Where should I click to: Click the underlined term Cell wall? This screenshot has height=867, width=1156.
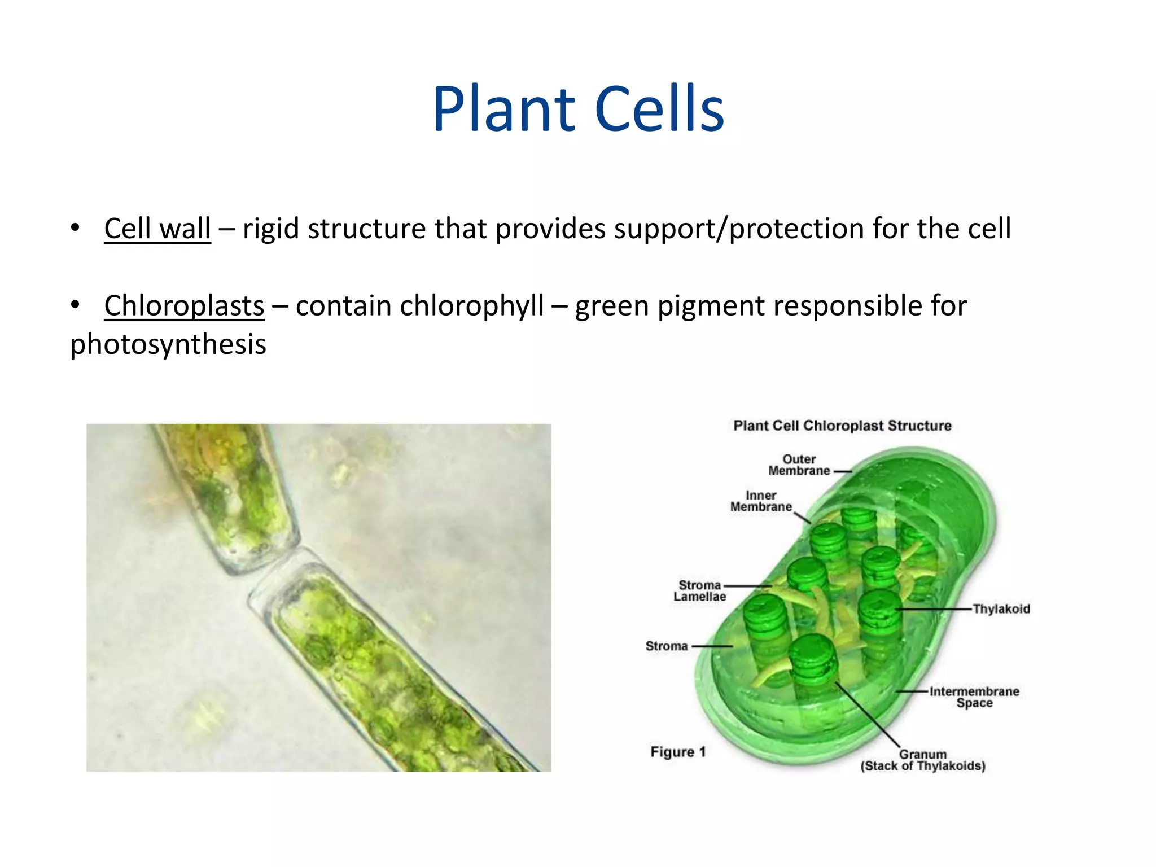click(x=157, y=229)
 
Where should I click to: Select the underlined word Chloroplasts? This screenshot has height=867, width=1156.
click(x=184, y=306)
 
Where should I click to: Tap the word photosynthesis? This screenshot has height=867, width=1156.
click(x=168, y=344)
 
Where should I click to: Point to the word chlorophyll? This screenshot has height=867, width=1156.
click(x=472, y=306)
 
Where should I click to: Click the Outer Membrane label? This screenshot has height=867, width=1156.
click(x=799, y=465)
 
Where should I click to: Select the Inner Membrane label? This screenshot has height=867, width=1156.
click(x=761, y=501)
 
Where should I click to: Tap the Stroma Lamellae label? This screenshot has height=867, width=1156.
click(x=699, y=591)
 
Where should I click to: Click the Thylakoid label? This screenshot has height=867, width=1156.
click(x=1001, y=609)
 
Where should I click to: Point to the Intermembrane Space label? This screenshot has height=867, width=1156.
click(x=974, y=697)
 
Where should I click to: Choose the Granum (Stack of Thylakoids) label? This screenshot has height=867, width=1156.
click(x=923, y=760)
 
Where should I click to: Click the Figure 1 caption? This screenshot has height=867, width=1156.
click(x=678, y=752)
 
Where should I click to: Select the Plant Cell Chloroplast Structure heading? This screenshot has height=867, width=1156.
click(x=842, y=426)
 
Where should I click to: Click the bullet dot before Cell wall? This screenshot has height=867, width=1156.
click(x=75, y=229)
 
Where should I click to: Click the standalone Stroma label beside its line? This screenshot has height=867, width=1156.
click(x=667, y=646)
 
